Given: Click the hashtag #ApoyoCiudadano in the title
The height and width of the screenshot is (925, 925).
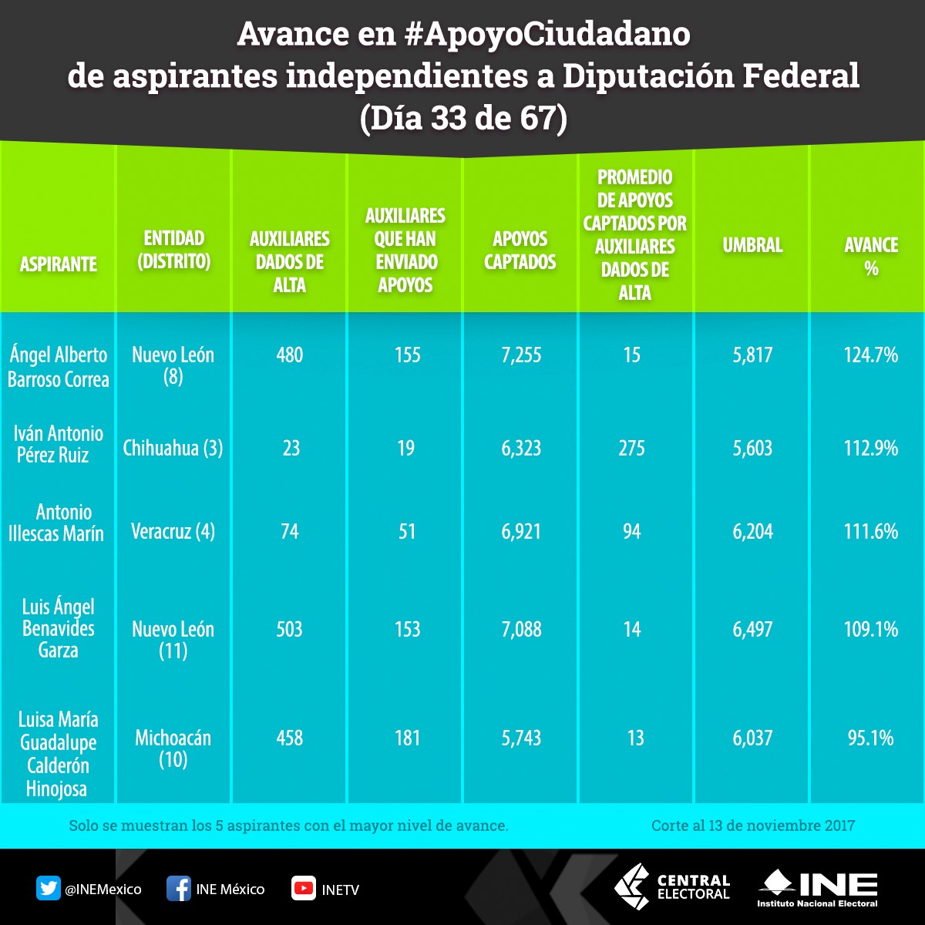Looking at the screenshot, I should click(x=549, y=33).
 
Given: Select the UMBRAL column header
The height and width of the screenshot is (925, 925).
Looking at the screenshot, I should click(x=752, y=246).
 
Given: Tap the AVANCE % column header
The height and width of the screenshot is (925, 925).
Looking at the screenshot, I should click(x=871, y=257).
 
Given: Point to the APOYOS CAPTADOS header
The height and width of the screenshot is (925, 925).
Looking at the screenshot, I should click(x=520, y=250).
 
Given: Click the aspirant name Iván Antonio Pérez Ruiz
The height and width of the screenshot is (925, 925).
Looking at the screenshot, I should click(x=58, y=444).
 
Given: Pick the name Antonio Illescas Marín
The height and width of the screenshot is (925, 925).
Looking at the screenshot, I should click(x=56, y=523).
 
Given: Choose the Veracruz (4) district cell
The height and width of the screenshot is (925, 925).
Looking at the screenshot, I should click(x=173, y=531).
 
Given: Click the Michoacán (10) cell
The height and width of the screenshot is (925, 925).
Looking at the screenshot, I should click(x=173, y=748).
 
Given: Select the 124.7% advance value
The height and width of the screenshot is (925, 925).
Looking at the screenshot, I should click(x=871, y=355).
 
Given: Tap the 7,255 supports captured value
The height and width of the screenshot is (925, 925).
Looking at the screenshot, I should click(x=521, y=355).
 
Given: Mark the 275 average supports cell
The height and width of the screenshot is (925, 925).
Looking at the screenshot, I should click(x=631, y=449).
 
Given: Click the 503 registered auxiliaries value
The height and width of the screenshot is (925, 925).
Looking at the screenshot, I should click(x=290, y=630).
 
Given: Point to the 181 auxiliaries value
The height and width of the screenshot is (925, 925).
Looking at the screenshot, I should click(x=406, y=738).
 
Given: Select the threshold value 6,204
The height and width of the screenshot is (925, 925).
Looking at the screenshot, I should click(x=752, y=532).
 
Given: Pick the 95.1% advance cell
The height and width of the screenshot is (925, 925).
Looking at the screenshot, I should click(x=871, y=738).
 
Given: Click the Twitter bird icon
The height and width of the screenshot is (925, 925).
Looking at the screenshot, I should click(x=48, y=889).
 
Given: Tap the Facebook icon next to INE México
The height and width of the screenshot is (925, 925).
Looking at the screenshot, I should click(x=178, y=889).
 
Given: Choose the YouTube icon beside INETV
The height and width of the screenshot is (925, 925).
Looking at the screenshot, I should click(x=303, y=889).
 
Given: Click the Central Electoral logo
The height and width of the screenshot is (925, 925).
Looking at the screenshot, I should click(x=671, y=886).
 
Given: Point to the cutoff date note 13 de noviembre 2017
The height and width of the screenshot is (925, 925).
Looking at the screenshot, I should click(x=752, y=826).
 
